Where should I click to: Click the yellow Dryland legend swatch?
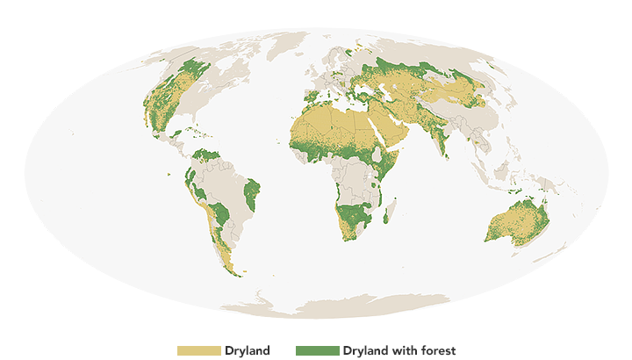[199, 350]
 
